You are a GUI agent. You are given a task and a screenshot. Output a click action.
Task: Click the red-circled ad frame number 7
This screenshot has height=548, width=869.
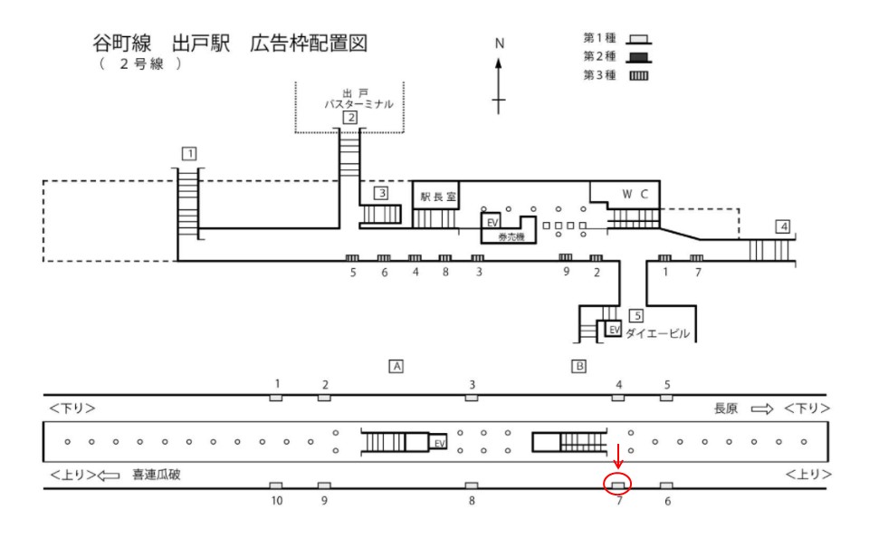tap(618, 486)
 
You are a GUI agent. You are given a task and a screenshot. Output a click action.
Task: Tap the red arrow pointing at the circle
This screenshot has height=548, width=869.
tap(618, 456)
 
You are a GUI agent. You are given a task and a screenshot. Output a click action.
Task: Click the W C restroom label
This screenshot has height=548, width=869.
tap(635, 194)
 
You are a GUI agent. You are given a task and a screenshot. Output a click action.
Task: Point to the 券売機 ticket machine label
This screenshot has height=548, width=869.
tap(511, 236)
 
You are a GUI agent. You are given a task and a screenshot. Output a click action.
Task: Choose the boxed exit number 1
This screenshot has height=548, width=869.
tap(189, 153)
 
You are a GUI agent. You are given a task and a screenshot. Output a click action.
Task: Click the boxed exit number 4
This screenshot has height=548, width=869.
tap(782, 226)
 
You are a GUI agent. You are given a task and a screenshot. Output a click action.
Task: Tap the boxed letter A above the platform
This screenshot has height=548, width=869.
tap(396, 366)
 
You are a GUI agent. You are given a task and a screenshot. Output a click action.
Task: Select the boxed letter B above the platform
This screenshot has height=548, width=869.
tap(578, 366)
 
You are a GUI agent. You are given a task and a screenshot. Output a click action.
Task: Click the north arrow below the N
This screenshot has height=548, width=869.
tap(499, 86)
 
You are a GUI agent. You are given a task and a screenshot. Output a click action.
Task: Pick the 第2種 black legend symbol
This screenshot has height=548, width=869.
tap(639, 57)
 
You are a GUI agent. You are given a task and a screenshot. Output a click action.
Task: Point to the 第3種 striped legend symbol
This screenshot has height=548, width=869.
tap(639, 75)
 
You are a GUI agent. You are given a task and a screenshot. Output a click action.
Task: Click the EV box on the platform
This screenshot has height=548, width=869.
tap(438, 442)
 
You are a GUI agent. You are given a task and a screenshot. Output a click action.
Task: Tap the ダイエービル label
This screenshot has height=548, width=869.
tap(658, 333)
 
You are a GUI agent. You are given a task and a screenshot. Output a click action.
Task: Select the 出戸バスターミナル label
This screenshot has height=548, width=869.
tap(358, 99)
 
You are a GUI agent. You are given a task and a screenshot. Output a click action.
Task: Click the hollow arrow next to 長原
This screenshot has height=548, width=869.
tap(762, 409)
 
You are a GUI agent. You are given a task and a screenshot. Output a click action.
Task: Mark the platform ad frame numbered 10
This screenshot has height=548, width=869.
tap(276, 486)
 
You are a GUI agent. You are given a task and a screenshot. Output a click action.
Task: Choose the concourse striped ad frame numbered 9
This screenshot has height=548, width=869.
tap(565, 257)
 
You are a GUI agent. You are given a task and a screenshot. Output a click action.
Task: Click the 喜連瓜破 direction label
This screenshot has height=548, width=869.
tap(157, 475)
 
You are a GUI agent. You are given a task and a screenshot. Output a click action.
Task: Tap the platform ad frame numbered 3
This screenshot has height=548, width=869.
tap(472, 398)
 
